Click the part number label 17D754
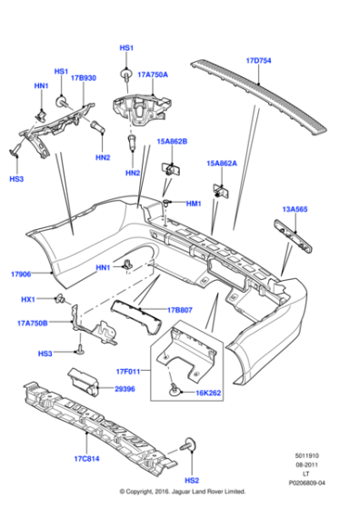[259, 62]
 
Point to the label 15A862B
[172, 142]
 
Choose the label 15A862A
[222, 164]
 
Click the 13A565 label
[295, 209]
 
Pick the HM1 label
[193, 204]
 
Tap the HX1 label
[28, 300]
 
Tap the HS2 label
[193, 480]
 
